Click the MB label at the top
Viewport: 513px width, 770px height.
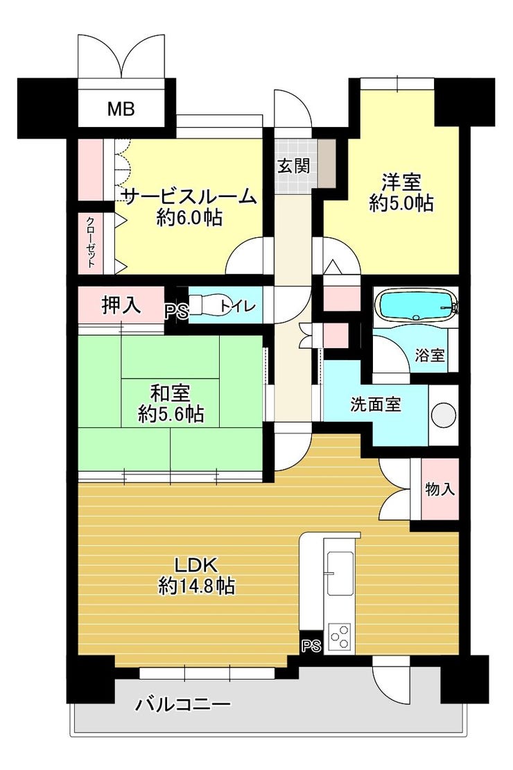pos(121,108)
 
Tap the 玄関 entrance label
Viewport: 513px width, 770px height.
pos(293,166)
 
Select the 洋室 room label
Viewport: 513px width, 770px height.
pos(401,182)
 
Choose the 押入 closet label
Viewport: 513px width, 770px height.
pos(121,305)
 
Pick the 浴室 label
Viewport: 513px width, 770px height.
pos(430,354)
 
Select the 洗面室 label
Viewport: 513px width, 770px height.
pos(376,404)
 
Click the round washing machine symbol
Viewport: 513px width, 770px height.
pos(444,414)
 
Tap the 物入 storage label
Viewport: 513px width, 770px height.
pos(440,488)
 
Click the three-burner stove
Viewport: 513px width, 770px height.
pos(340,636)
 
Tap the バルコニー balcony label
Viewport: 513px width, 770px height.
pos(182,705)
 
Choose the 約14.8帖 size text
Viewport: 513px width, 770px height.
pos(196,586)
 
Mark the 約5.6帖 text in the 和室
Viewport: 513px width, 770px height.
pos(171,414)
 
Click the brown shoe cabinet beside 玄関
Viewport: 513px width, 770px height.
pos(327,163)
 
